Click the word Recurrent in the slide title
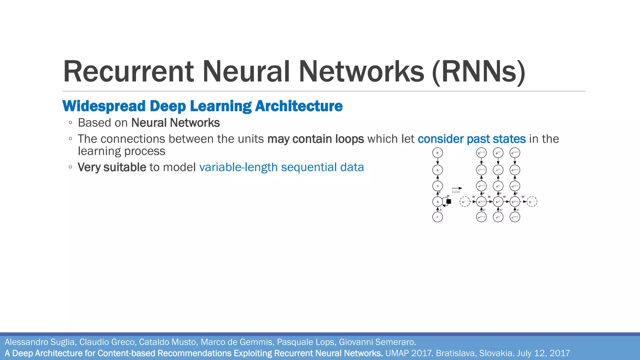click(x=128, y=72)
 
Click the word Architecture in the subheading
click(x=299, y=106)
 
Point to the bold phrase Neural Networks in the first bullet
click(x=175, y=123)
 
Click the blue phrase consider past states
click(x=472, y=139)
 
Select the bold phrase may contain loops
click(x=316, y=139)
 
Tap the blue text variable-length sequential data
click(x=281, y=167)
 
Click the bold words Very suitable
click(x=112, y=167)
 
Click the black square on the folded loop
click(x=448, y=202)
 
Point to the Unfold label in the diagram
click(x=456, y=192)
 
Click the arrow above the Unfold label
click(x=457, y=188)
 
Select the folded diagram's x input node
click(x=437, y=217)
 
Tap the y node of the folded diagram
click(x=437, y=153)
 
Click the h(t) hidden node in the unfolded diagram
click(x=498, y=202)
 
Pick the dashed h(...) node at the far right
click(x=532, y=202)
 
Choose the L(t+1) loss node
click(x=515, y=170)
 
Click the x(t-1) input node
click(x=482, y=217)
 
